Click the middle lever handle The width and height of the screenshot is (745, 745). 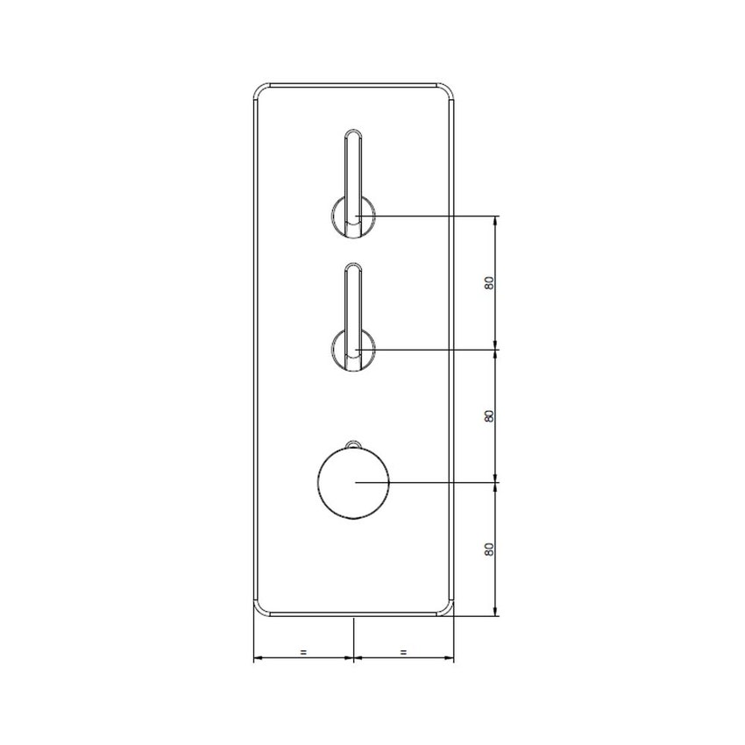click(352, 302)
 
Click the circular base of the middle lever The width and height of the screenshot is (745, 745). click(339, 351)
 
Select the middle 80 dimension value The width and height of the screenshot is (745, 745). click(489, 415)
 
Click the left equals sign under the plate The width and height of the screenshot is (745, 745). click(303, 652)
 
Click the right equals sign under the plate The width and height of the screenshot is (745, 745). click(403, 652)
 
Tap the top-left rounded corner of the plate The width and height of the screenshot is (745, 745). click(260, 91)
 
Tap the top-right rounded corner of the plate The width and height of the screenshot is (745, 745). click(448, 91)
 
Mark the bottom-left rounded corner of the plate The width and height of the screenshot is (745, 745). click(260, 610)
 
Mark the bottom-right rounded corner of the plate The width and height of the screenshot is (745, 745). click(448, 610)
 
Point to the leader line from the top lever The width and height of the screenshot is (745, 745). click(429, 216)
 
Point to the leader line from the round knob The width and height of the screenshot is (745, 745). click(429, 482)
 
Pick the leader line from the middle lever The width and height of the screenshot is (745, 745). click(429, 349)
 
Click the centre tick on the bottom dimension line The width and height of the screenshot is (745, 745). click(353, 658)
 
